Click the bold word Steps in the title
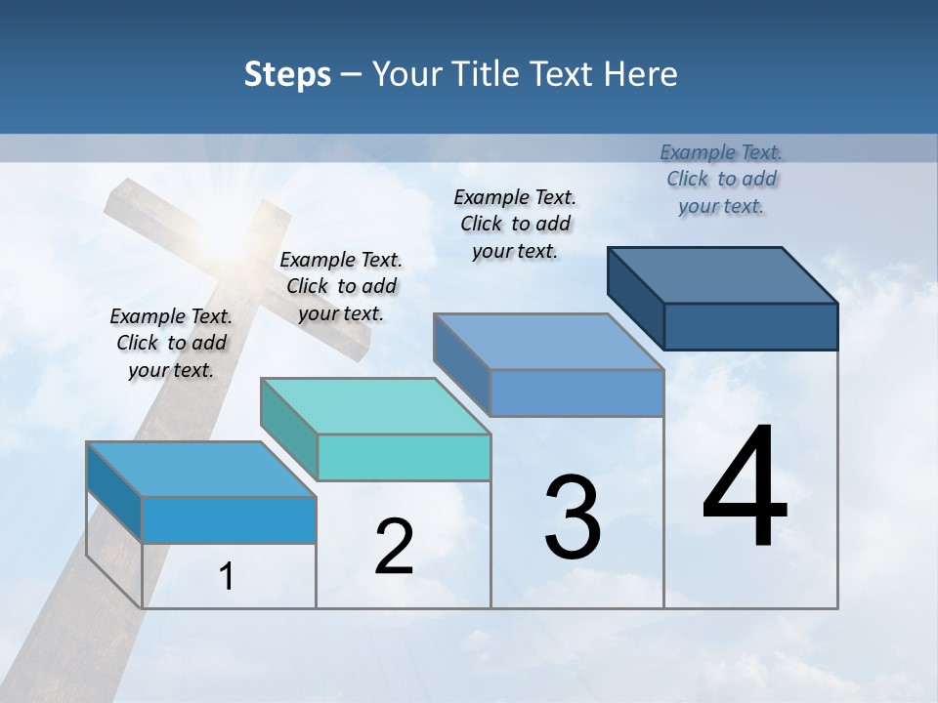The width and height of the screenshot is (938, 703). tap(287, 74)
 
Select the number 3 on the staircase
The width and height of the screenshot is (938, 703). tap(573, 517)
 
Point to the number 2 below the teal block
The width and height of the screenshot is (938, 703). tap(394, 547)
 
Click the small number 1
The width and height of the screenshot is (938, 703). tap(226, 577)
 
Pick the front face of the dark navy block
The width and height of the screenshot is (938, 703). tap(750, 326)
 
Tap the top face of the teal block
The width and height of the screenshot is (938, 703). tap(375, 406)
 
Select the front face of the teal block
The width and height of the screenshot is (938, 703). tap(404, 457)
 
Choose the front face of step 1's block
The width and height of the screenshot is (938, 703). tap(229, 519)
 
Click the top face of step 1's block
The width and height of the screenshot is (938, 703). tap(201, 470)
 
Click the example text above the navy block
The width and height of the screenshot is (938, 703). tap(721, 179)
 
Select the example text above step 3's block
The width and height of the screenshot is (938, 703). tap(515, 224)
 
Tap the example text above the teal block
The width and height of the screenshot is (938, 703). tap(341, 286)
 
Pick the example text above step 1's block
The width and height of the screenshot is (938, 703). tap(171, 343)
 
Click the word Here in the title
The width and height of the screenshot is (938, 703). tap(641, 74)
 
